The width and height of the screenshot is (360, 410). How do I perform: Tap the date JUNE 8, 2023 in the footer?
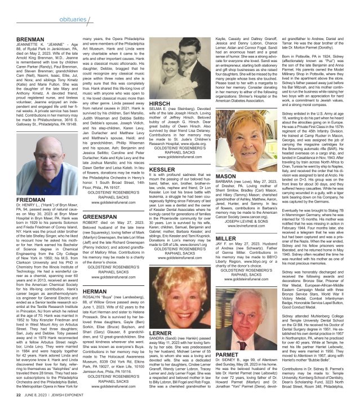pyautogui.click(x=30, y=402)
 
